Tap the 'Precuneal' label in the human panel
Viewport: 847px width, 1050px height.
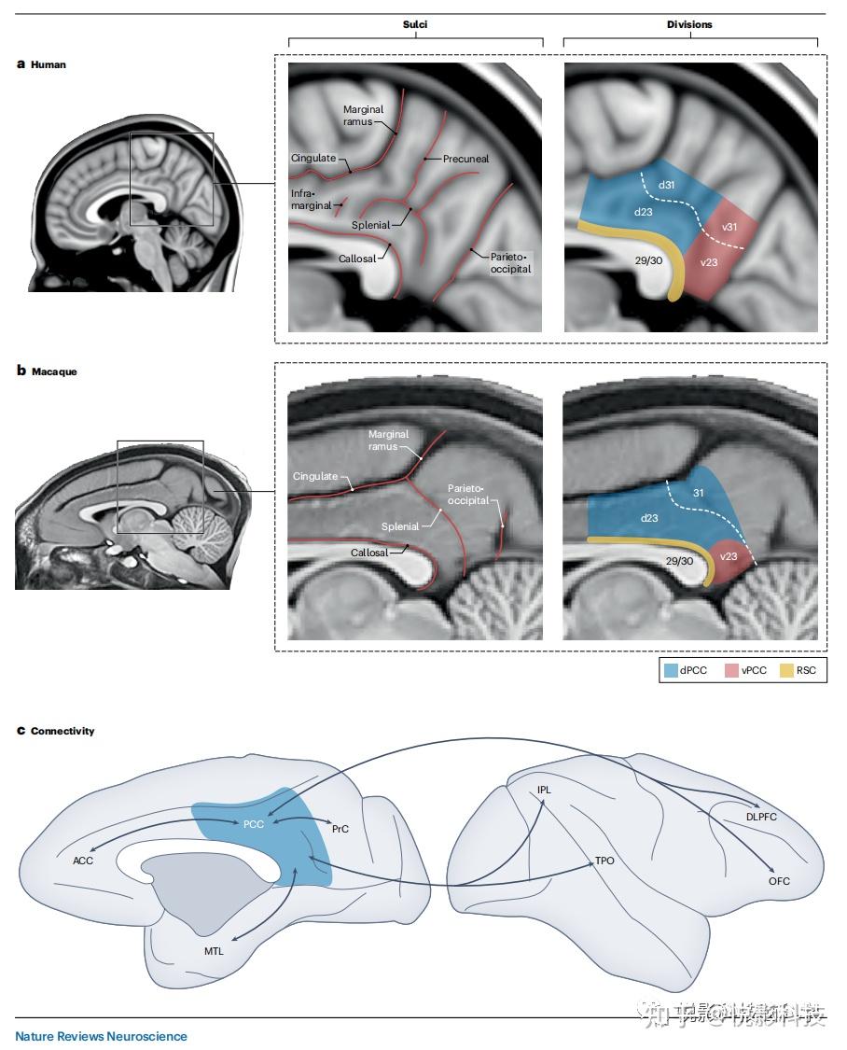click(x=466, y=160)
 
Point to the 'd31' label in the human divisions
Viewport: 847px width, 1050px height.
click(x=666, y=186)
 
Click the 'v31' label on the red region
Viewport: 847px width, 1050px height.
click(x=731, y=227)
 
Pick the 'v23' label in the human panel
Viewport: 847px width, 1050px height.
click(x=710, y=262)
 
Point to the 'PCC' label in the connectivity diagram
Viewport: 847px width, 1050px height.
click(x=253, y=825)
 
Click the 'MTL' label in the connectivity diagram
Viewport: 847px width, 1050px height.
click(x=214, y=951)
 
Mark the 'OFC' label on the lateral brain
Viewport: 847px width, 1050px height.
click(x=780, y=881)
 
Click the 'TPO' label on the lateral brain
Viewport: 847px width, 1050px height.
click(x=604, y=861)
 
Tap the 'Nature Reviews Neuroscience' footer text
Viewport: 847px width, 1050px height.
click(x=101, y=1036)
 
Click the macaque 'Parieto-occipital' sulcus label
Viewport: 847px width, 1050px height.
click(x=468, y=495)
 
